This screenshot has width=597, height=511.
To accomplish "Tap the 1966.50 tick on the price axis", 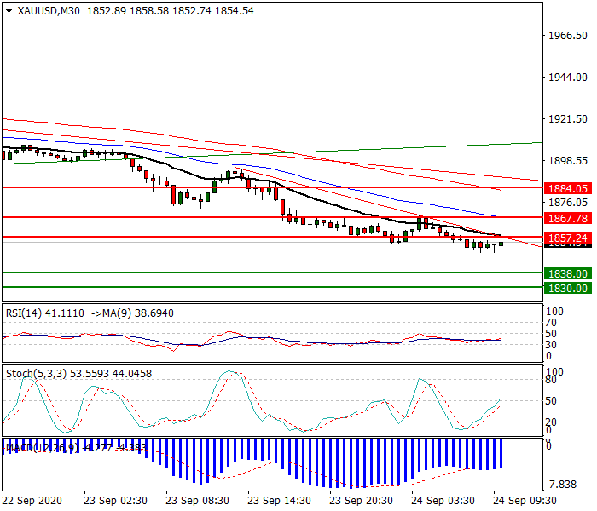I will tap(570, 36).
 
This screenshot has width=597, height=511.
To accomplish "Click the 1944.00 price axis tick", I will tap(570, 78).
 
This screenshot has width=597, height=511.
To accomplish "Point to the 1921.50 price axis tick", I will tap(570, 119).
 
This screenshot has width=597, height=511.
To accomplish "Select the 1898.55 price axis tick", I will tap(570, 161).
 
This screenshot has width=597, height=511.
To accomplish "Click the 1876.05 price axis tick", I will tap(570, 203).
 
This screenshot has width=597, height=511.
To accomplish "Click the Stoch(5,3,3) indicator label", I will tap(32, 373).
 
